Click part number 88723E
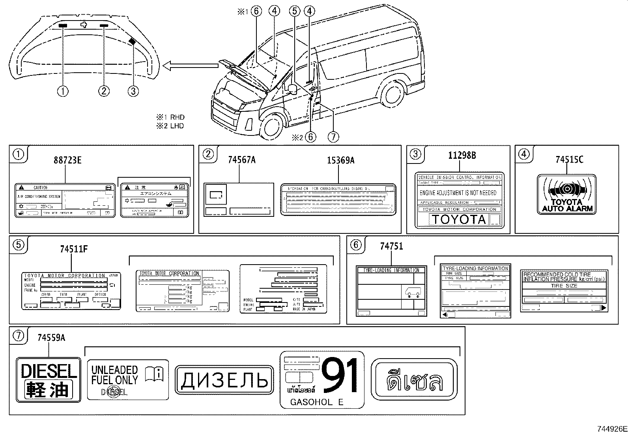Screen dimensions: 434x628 pyautogui.click(x=67, y=160)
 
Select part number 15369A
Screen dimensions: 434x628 pyautogui.click(x=341, y=160)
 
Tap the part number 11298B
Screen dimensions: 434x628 pyautogui.click(x=462, y=156)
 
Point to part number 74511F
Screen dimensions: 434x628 pyautogui.click(x=74, y=249)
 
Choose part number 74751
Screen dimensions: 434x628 pyautogui.click(x=391, y=246)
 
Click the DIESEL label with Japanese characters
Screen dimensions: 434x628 pyautogui.click(x=49, y=380)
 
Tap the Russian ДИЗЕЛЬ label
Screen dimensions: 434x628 pyautogui.click(x=224, y=380)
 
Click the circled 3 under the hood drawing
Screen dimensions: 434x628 pyautogui.click(x=133, y=91)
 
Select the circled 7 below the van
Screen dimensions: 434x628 pyautogui.click(x=333, y=137)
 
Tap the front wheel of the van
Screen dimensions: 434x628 pyautogui.click(x=273, y=126)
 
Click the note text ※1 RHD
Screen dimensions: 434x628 pyautogui.click(x=170, y=117)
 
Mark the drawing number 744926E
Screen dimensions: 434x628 pyautogui.click(x=611, y=429)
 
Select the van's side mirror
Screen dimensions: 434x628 pyautogui.click(x=293, y=89)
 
